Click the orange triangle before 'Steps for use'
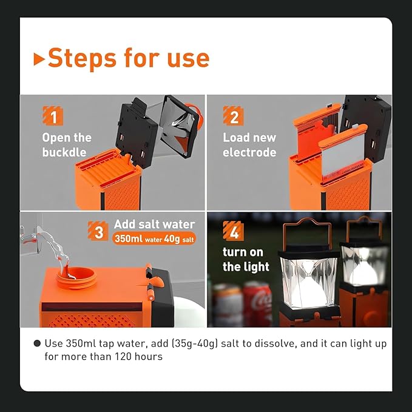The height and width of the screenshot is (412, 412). tap(39, 59)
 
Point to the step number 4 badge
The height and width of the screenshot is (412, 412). tap(233, 231)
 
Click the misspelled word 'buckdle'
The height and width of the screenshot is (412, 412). tap(64, 152)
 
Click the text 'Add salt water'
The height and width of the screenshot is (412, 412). tap(163, 225)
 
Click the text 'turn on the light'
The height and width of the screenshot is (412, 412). tap(246, 259)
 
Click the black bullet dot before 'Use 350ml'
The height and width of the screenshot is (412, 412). tap(38, 343)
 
